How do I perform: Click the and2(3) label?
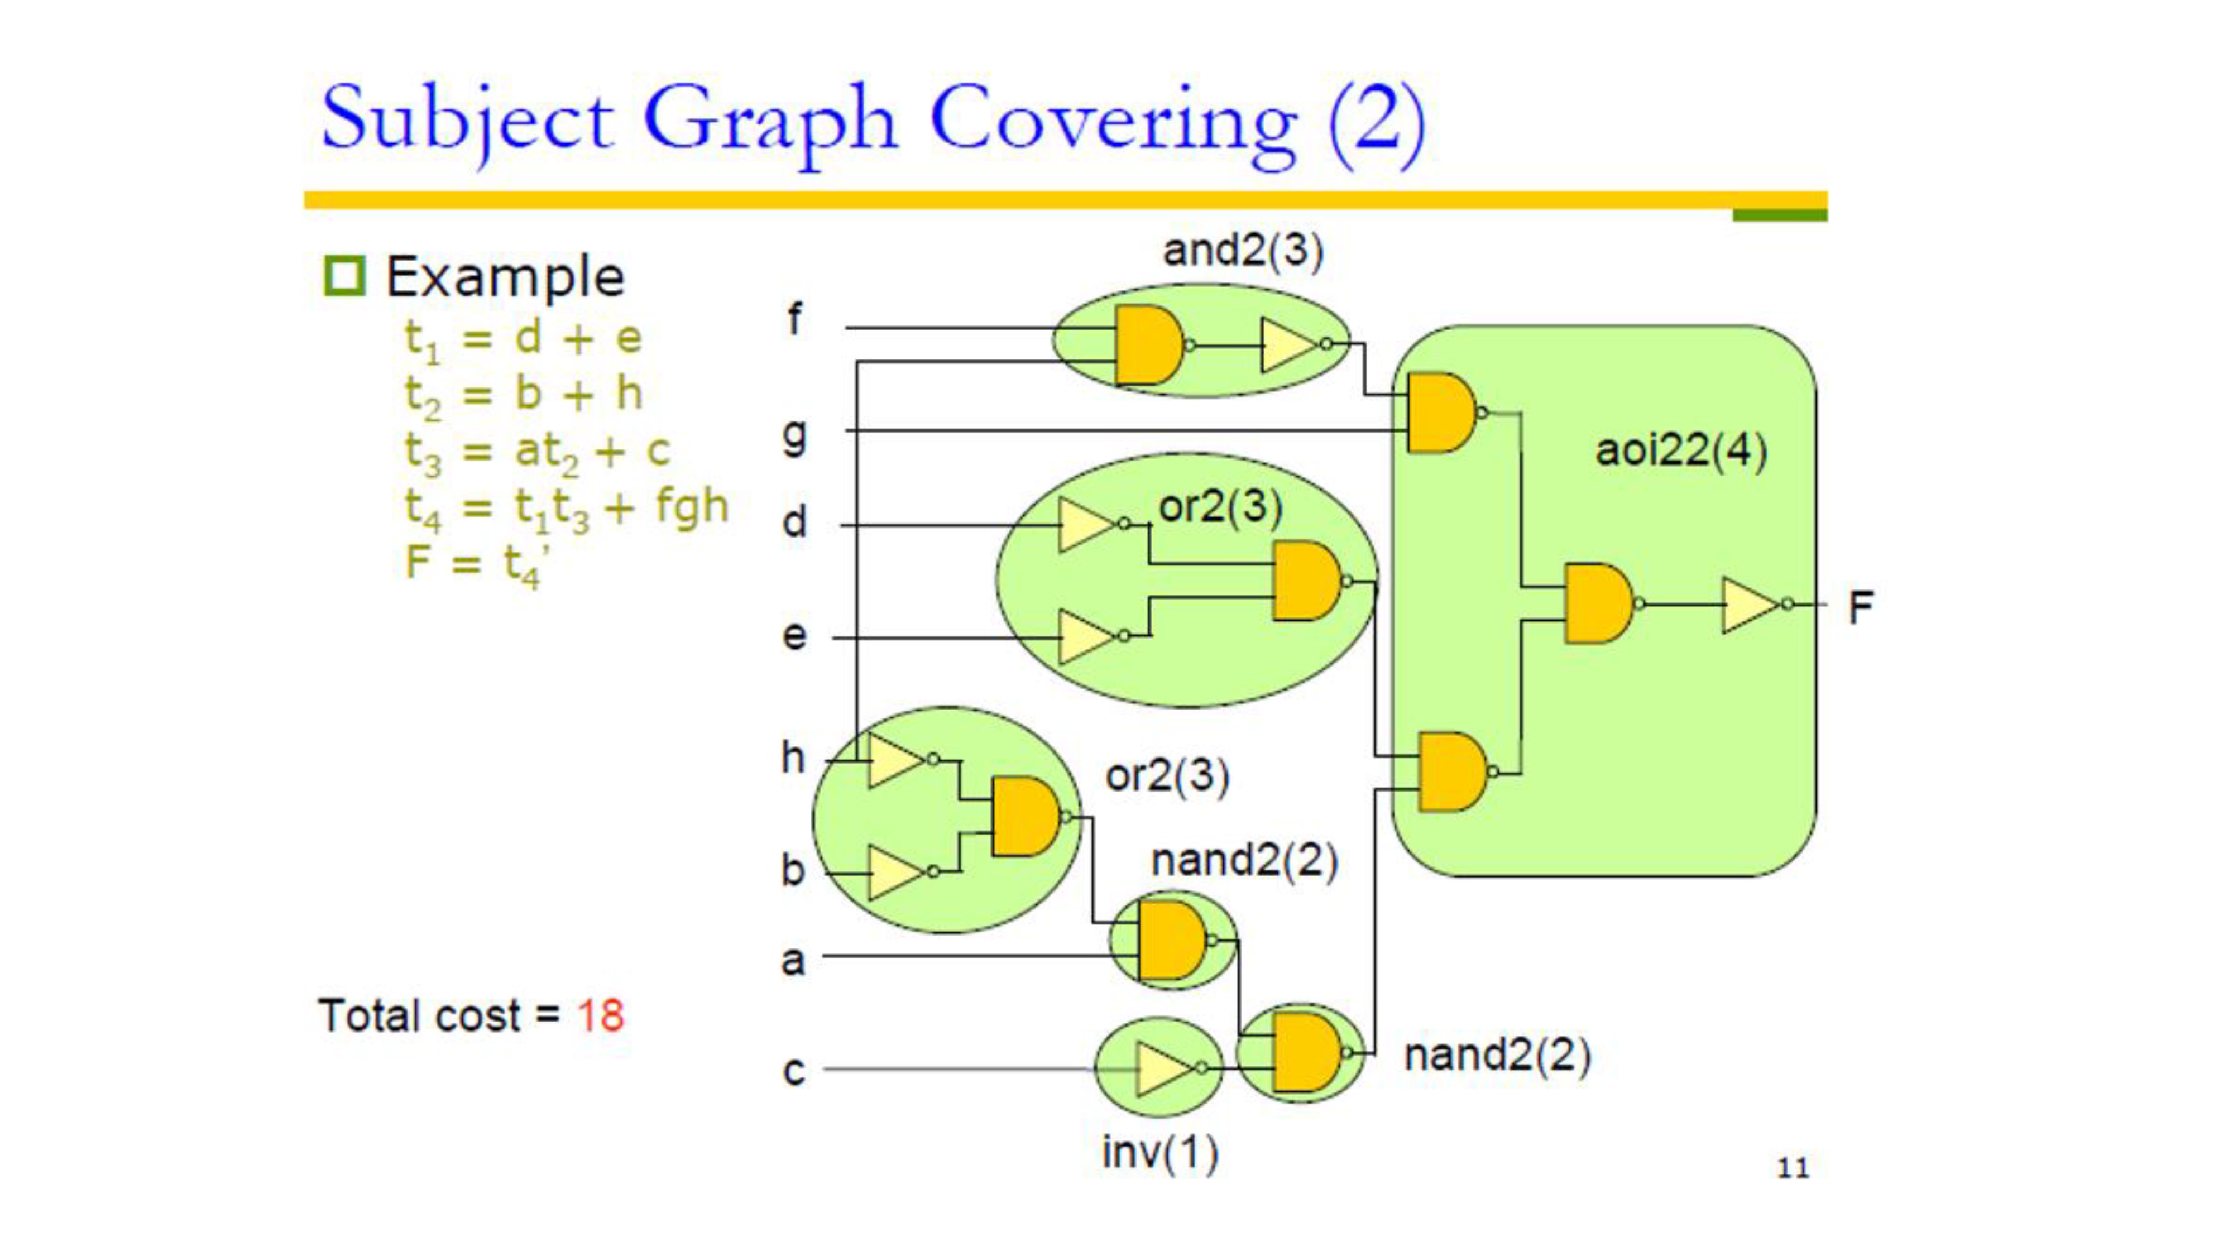pyautogui.click(x=1243, y=251)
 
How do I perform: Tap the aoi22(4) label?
pyautogui.click(x=1681, y=450)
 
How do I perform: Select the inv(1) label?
pyautogui.click(x=1160, y=1153)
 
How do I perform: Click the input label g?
pyautogui.click(x=794, y=435)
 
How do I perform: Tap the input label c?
pyautogui.click(x=793, y=1071)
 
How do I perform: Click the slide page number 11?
pyautogui.click(x=1793, y=1168)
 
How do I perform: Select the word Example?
pyautogui.click(x=505, y=277)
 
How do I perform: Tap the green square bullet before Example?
pyautogui.click(x=344, y=276)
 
